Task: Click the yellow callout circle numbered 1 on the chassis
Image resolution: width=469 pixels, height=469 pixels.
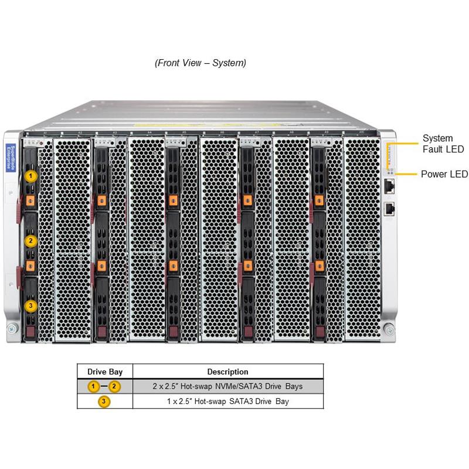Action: [x=31, y=175]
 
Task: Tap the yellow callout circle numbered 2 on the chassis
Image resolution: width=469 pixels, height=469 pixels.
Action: [x=31, y=240]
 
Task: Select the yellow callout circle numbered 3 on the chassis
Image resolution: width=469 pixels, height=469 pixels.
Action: [x=31, y=305]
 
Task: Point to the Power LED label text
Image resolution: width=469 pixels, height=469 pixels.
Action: [x=444, y=174]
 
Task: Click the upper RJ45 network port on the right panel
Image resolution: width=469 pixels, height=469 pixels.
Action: [x=389, y=186]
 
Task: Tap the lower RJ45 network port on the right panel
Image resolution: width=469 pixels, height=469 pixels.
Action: [x=389, y=209]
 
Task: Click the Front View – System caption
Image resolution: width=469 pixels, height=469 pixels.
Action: [x=200, y=63]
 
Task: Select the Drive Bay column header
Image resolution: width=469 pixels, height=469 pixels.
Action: [x=105, y=372]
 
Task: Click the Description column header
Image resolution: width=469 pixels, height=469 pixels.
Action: [x=227, y=372]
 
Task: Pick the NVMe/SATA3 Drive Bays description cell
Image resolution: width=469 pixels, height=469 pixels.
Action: [x=227, y=386]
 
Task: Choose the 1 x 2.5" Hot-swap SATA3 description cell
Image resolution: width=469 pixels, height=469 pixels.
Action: [x=227, y=402]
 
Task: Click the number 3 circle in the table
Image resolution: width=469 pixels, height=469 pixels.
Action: [x=104, y=402]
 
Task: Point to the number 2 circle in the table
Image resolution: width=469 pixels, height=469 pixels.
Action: [x=115, y=386]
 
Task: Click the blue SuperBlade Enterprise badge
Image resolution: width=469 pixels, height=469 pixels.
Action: [x=9, y=157]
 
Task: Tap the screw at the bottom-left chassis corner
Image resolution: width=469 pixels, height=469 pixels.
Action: [x=10, y=331]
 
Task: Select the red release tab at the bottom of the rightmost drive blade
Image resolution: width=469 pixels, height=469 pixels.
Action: [x=318, y=334]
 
